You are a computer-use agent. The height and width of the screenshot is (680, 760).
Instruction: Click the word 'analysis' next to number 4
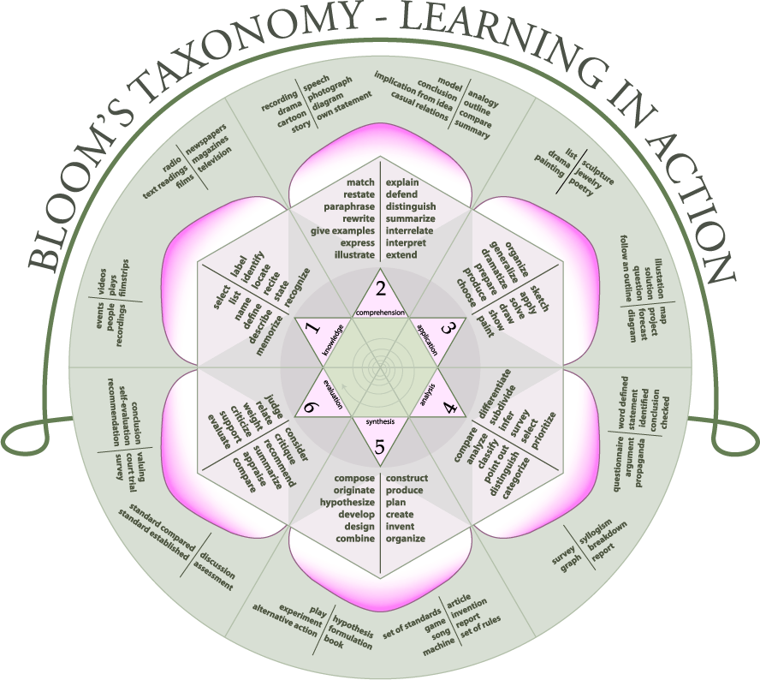point(429,394)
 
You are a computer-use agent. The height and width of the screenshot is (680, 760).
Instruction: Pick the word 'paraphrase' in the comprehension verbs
point(349,206)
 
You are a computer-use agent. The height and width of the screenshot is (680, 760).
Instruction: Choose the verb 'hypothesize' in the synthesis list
point(347,503)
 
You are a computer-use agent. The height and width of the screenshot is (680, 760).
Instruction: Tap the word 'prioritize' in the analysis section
point(543,431)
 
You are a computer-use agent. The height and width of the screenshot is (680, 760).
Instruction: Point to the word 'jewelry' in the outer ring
point(587,178)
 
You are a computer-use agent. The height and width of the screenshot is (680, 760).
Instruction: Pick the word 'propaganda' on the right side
point(638,462)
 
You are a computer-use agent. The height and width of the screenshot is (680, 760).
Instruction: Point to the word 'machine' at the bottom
point(439,647)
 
